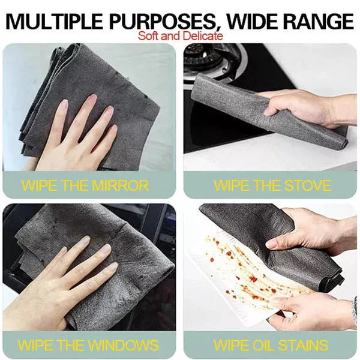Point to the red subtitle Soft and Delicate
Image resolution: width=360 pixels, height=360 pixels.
pyautogui.click(x=180, y=35)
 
